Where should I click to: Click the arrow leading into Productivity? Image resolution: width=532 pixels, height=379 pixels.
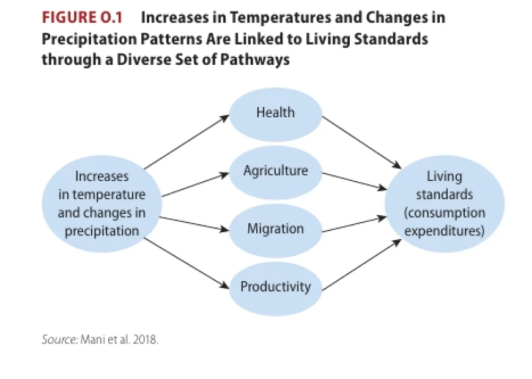click(186, 263)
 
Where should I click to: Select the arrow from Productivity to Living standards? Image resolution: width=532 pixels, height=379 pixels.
click(361, 265)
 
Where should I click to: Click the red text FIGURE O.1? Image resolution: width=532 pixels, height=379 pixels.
click(82, 17)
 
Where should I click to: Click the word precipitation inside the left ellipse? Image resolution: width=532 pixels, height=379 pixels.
click(102, 231)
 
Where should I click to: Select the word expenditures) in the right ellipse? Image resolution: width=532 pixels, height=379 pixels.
click(445, 231)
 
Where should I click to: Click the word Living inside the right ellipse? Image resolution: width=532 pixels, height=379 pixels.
click(445, 177)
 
